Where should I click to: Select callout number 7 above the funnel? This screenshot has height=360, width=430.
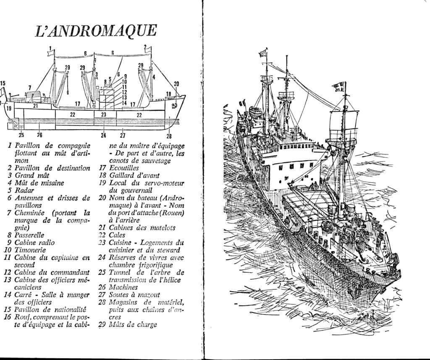(30, 87)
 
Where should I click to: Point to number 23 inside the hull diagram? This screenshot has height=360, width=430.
(103, 115)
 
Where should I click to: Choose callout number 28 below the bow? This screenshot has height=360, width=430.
(169, 136)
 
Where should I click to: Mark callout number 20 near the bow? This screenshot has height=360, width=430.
(176, 83)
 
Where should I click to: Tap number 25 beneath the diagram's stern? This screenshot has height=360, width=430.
(21, 135)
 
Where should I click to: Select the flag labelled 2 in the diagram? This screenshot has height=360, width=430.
(147, 50)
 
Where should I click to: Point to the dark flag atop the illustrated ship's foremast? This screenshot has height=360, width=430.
(338, 86)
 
